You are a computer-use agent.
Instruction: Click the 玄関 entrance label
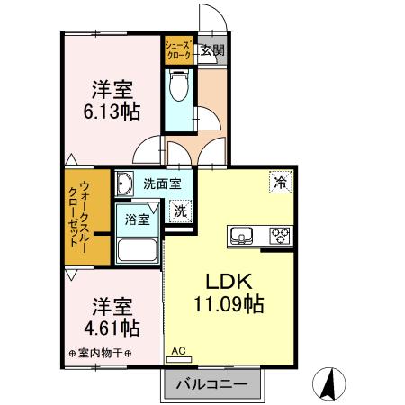coord(212,49)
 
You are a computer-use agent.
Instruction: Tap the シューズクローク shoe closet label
coord(177,49)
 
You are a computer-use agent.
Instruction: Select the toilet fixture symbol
coord(177,88)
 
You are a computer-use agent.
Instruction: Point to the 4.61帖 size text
coord(112,326)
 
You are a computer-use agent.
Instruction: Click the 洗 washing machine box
coord(181,212)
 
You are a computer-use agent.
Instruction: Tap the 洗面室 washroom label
coord(163,184)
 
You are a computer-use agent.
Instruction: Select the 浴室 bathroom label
coord(137,217)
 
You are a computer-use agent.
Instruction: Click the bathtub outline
coord(138,250)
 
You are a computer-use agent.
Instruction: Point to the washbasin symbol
coord(124,184)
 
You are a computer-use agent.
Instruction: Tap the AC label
coord(177,348)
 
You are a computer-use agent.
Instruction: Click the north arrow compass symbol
coord(328,384)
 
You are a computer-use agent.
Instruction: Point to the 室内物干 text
coord(100,353)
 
